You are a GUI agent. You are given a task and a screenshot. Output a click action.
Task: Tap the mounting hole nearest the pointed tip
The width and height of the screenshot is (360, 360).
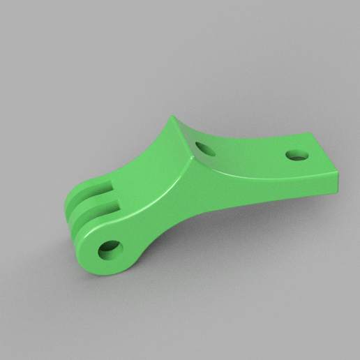[x=205, y=148]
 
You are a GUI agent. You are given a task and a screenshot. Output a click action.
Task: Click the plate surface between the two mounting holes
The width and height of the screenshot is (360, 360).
[x=251, y=150]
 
